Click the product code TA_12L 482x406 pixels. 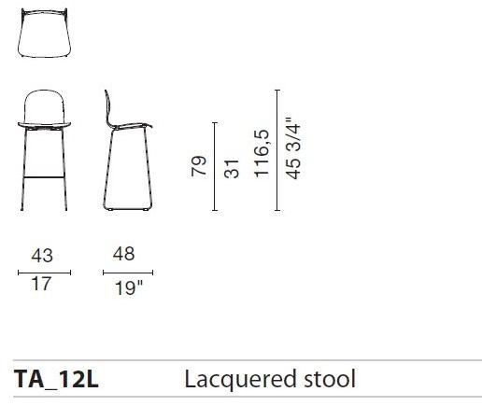tap(55, 379)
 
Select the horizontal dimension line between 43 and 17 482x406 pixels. tap(41, 273)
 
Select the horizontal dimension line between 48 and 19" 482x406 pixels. tap(127, 273)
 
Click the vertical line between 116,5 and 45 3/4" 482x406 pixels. tap(278, 151)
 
